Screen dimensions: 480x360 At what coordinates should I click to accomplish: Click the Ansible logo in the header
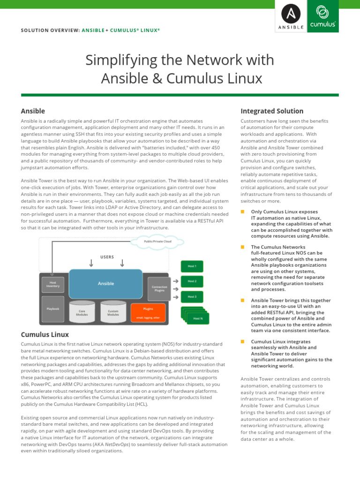(x=291, y=16)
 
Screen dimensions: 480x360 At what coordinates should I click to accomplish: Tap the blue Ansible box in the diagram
(x=106, y=284)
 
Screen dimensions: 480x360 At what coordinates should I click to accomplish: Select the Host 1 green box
(x=192, y=266)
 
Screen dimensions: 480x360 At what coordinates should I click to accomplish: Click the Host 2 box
(x=192, y=281)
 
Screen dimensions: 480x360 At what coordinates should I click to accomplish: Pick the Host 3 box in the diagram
(x=192, y=297)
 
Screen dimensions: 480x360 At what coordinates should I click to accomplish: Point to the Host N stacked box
(x=197, y=318)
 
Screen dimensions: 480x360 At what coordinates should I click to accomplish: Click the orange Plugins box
(x=148, y=312)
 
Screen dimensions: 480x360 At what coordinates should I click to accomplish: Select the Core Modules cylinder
(x=82, y=312)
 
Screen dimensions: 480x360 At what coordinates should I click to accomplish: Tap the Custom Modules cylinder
(x=113, y=312)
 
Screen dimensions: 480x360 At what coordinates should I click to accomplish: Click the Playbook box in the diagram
(x=53, y=309)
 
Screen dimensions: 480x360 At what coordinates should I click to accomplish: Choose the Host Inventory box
(x=53, y=284)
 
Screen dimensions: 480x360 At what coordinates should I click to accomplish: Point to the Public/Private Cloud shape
(x=157, y=241)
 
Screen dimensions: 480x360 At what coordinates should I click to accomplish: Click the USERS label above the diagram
(x=107, y=257)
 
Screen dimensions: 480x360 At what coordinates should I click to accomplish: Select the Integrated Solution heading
(x=271, y=111)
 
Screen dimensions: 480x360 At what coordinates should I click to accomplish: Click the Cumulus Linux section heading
(x=45, y=335)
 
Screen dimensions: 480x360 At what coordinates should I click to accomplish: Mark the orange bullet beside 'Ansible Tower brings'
(x=243, y=300)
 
